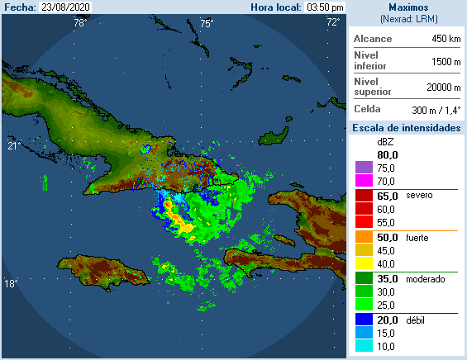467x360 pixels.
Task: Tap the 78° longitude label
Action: [79, 22]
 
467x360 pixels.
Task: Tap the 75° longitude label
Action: [206, 22]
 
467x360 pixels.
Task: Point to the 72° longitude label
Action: [333, 22]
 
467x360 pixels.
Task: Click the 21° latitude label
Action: [13, 146]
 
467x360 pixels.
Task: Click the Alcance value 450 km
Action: [446, 39]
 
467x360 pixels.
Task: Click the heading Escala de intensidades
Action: [406, 128]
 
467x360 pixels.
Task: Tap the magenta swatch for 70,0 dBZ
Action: [363, 181]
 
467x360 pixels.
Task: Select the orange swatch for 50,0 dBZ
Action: [363, 238]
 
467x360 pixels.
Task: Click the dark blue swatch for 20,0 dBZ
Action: [363, 320]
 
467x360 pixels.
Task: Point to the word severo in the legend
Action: [420, 196]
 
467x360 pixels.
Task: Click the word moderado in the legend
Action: [426, 279]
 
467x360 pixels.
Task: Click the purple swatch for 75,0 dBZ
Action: [363, 168]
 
